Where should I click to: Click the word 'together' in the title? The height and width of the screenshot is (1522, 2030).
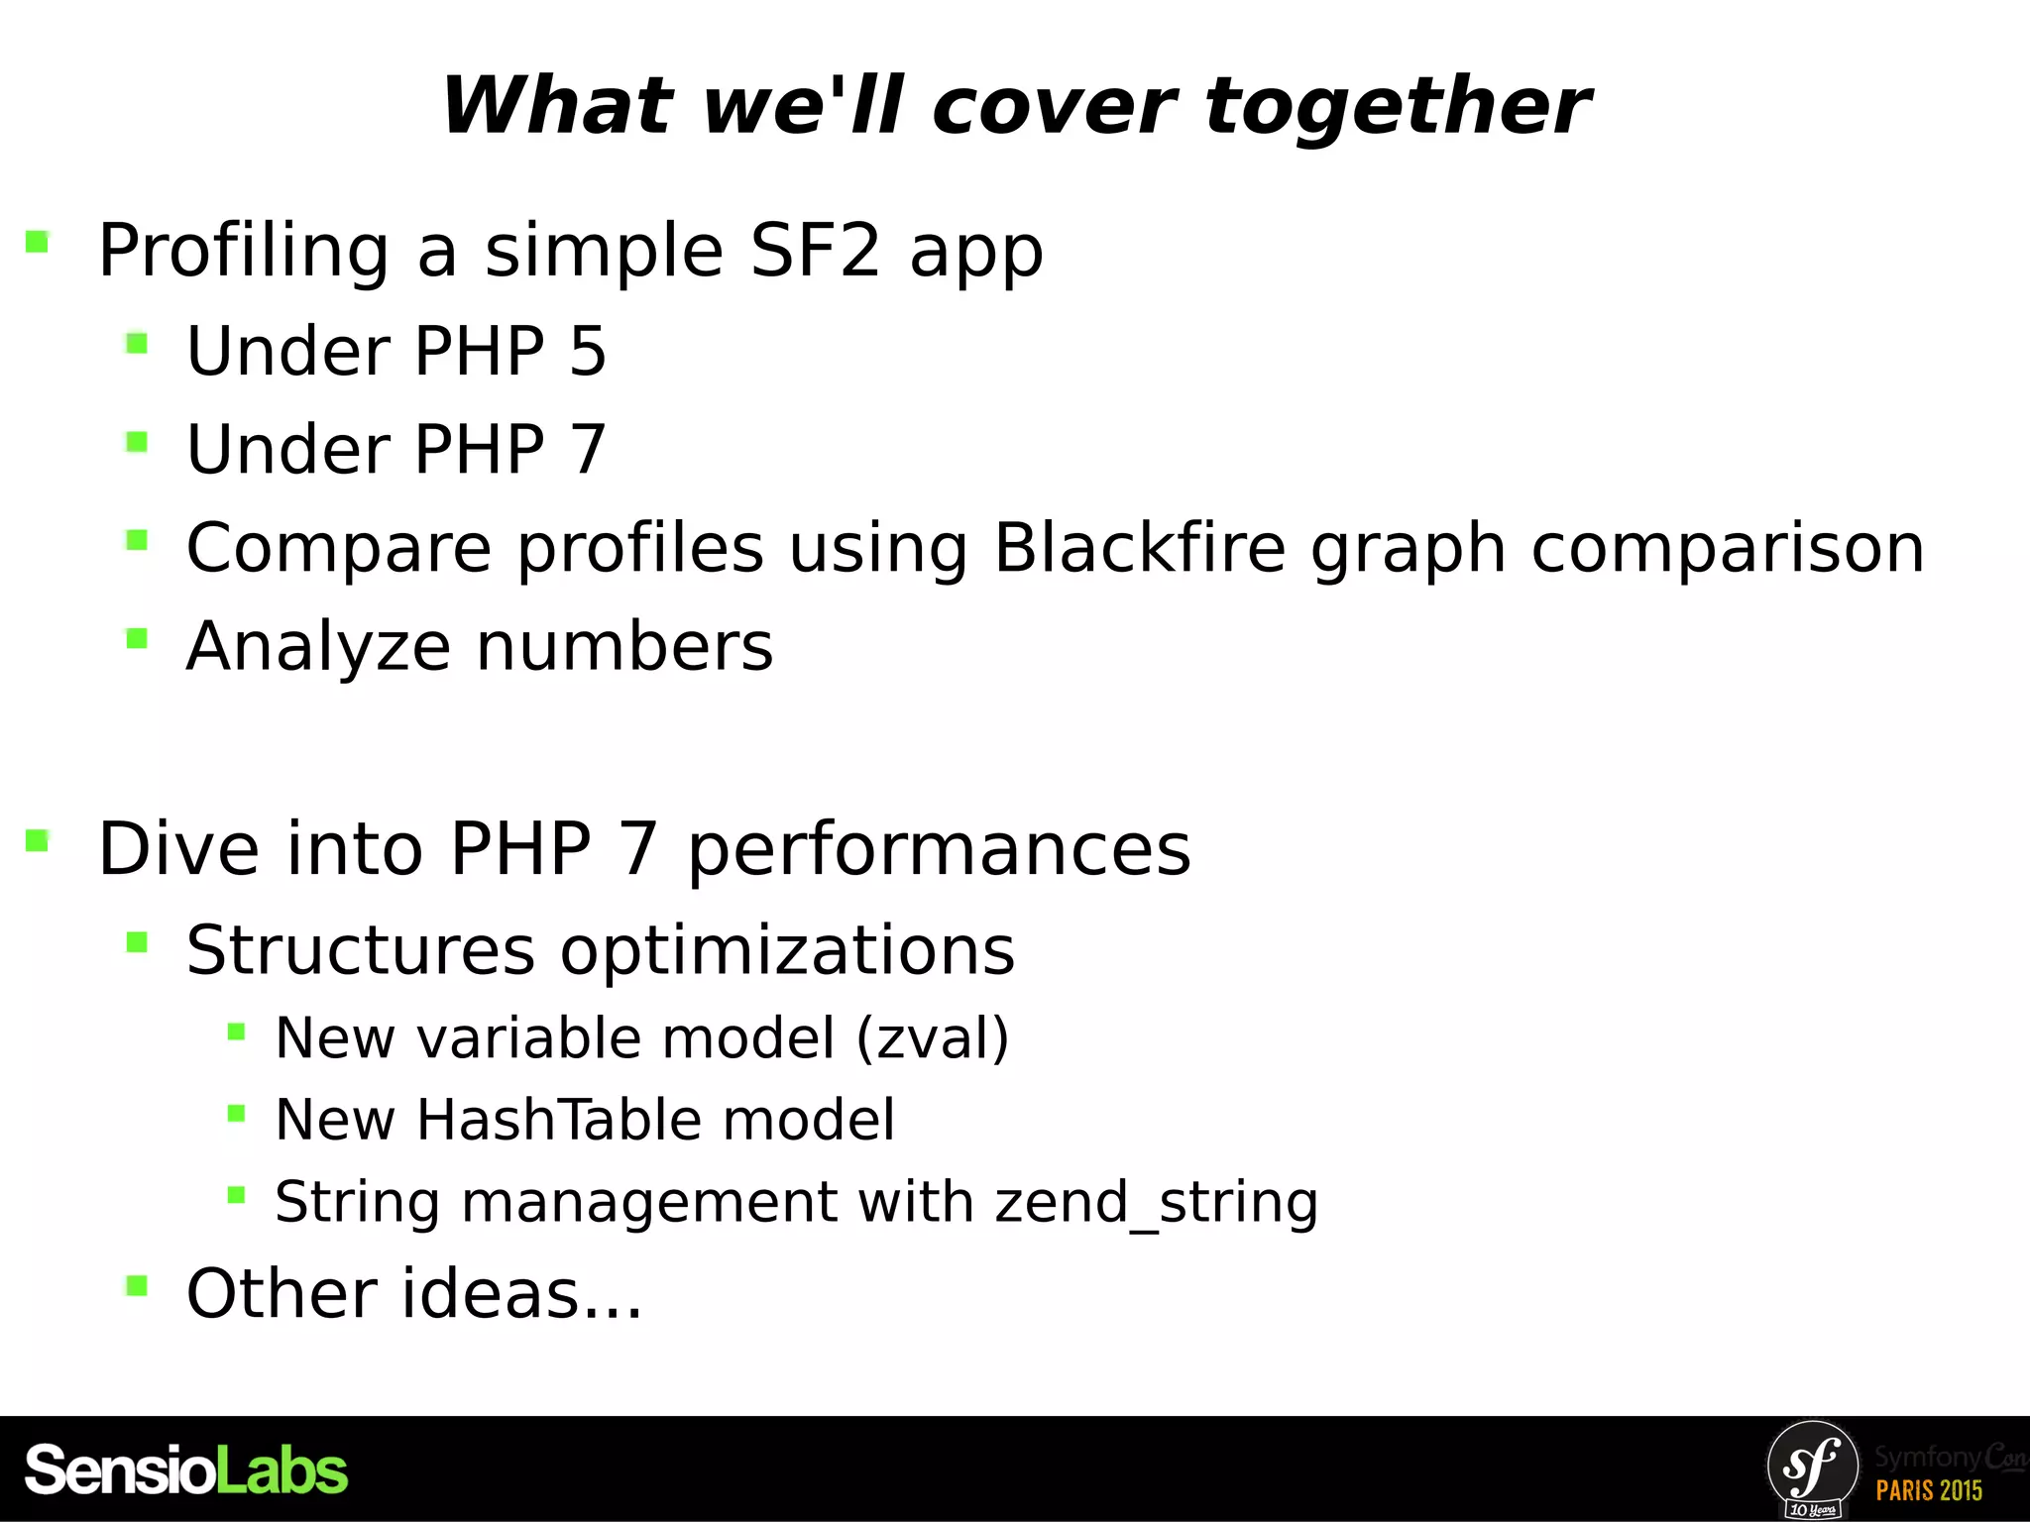(1398, 106)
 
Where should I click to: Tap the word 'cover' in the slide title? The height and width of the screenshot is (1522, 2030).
(1054, 106)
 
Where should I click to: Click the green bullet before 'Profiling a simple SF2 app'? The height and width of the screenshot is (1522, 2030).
(38, 242)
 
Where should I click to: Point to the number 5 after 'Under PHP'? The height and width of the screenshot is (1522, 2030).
(588, 351)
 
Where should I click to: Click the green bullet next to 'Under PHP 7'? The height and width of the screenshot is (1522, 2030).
(137, 442)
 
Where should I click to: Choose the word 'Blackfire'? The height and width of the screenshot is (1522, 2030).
(1139, 547)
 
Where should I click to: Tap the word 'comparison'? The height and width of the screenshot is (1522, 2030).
(1728, 547)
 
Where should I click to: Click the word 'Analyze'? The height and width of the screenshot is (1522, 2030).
(318, 646)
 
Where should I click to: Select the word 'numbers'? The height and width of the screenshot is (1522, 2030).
(624, 646)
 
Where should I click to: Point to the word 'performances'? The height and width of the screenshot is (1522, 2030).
(939, 848)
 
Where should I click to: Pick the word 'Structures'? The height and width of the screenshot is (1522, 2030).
(361, 949)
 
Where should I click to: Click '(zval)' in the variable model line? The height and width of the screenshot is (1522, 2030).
(933, 1037)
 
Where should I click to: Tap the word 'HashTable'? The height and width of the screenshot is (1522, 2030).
(555, 1120)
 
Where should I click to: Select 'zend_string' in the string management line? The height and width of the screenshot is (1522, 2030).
(1157, 1202)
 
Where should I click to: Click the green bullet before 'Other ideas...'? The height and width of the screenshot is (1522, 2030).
(137, 1286)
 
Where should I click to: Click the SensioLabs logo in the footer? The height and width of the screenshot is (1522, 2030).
(186, 1469)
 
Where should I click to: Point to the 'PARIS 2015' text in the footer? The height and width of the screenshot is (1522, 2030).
(1929, 1490)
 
